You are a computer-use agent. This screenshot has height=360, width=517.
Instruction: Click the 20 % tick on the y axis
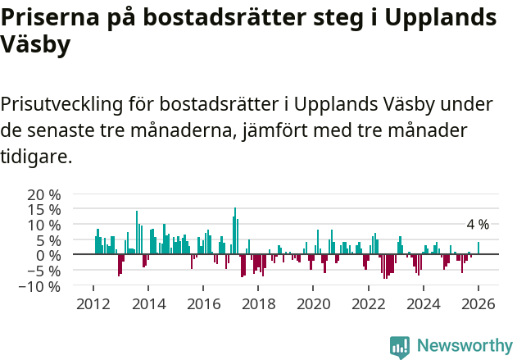(44, 194)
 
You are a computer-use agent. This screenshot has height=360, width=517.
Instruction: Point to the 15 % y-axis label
(44, 210)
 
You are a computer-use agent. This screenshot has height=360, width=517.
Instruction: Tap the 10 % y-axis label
(44, 225)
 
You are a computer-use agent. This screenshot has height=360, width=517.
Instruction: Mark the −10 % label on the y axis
(40, 286)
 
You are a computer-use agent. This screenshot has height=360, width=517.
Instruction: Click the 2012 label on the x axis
(93, 304)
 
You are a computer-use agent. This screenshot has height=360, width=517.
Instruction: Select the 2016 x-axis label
(203, 304)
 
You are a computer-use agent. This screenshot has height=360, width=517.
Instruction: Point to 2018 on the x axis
(258, 304)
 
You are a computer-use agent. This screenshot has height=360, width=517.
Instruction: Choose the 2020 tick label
(313, 304)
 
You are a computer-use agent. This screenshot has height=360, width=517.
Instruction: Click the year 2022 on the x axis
(369, 304)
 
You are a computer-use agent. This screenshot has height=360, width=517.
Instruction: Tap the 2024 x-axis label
(424, 304)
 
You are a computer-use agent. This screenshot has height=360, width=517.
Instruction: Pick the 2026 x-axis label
(478, 304)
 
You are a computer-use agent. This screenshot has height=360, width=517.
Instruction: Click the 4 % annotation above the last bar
(478, 225)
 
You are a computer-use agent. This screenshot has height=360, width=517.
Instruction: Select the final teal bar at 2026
(478, 248)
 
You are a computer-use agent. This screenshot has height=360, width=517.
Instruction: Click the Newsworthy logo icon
(400, 346)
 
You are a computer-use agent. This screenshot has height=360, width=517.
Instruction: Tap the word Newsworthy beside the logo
(464, 346)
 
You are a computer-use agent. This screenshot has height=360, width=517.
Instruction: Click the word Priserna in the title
(48, 18)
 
